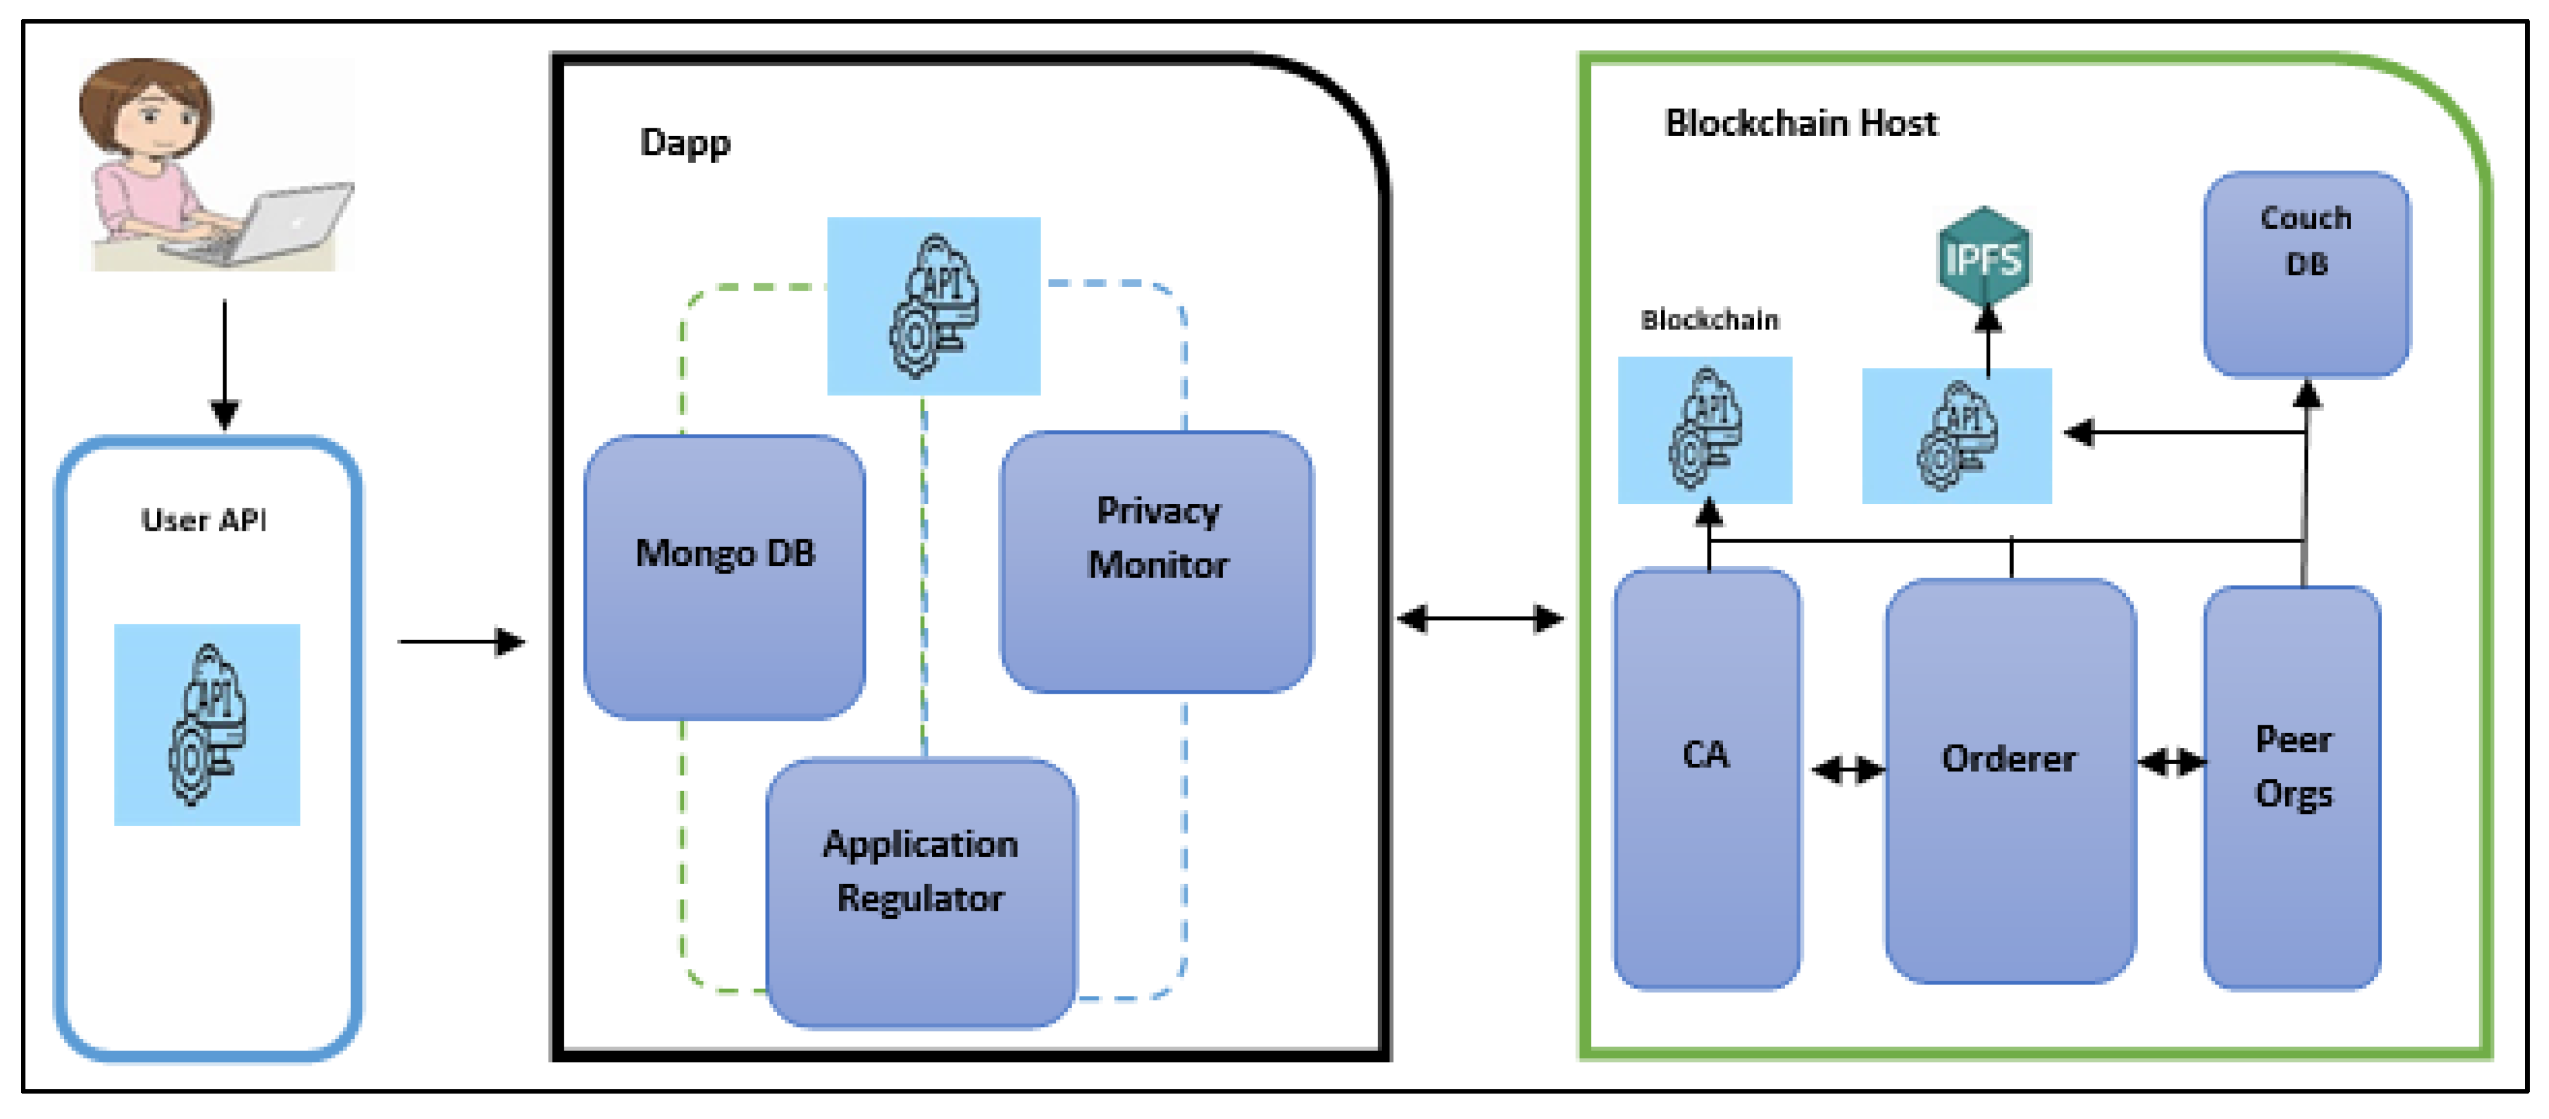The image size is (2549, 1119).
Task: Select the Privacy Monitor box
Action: click(x=1156, y=561)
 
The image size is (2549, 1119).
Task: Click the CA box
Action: click(x=1707, y=779)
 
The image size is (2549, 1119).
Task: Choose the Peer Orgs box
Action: click(x=2292, y=787)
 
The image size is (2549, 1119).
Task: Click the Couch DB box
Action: click(x=2306, y=274)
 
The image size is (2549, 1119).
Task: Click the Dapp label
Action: click(x=685, y=143)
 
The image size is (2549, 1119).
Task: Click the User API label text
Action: click(x=204, y=520)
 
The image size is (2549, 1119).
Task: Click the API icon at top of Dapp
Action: click(x=933, y=306)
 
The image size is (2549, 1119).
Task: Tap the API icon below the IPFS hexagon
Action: click(x=1956, y=436)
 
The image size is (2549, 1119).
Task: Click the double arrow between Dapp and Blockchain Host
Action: click(x=1480, y=619)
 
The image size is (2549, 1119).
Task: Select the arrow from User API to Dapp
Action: click(x=461, y=642)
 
